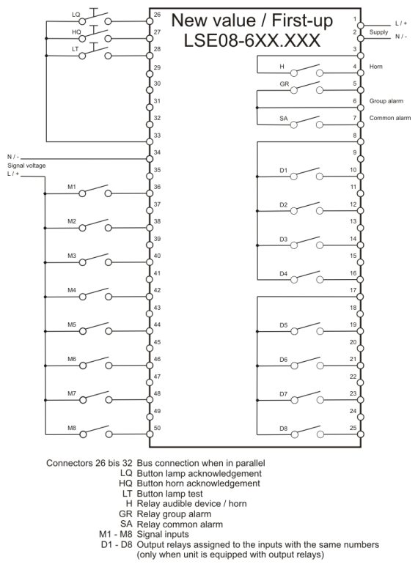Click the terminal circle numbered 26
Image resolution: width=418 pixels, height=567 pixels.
(150, 21)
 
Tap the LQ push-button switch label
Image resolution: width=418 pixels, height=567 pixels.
(76, 15)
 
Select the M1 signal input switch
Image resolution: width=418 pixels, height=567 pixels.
(95, 191)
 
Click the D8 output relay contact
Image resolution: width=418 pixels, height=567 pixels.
(307, 431)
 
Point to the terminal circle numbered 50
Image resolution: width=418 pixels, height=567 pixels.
(150, 434)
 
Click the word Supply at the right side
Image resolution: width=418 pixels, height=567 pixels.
(378, 32)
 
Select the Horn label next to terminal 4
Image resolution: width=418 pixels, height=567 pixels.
(375, 67)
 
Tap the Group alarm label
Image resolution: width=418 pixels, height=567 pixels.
(386, 101)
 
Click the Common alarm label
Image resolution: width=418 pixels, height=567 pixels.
(390, 118)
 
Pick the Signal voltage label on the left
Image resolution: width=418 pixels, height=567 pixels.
(26, 166)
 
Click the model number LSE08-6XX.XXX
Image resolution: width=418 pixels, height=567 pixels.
(252, 40)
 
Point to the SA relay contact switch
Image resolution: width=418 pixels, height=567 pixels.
(307, 122)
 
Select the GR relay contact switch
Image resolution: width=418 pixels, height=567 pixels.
(307, 87)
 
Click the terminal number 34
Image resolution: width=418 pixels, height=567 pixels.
(157, 152)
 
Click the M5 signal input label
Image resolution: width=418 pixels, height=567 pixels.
(72, 325)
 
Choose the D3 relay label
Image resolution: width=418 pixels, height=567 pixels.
(283, 240)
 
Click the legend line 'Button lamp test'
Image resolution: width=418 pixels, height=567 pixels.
(169, 494)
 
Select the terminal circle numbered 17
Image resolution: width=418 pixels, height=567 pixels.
(361, 297)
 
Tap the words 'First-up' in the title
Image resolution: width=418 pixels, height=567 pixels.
(302, 21)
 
